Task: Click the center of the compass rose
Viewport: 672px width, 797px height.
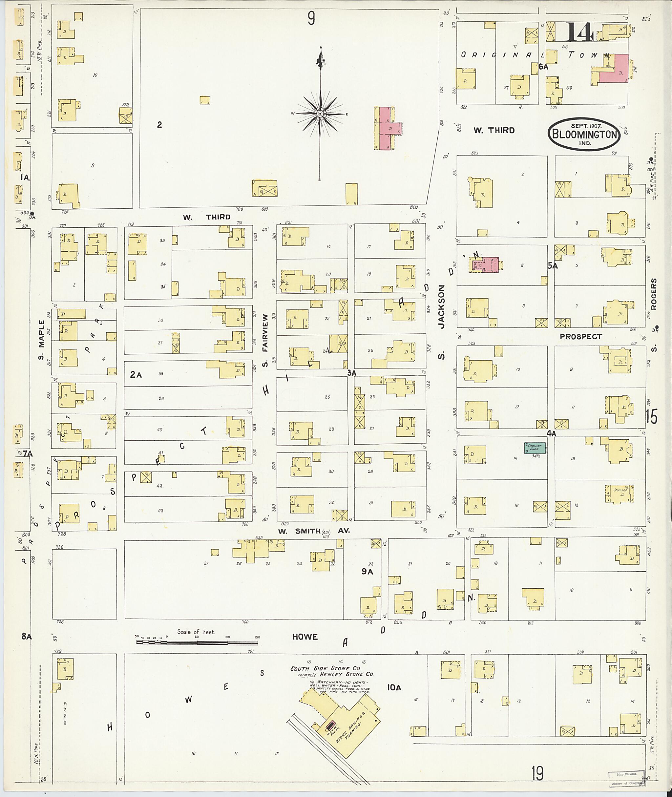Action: pyautogui.click(x=320, y=114)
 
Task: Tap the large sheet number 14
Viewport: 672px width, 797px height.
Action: pyautogui.click(x=578, y=33)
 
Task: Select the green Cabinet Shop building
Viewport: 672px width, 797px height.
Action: pyautogui.click(x=535, y=448)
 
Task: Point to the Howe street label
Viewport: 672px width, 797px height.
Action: pyautogui.click(x=305, y=637)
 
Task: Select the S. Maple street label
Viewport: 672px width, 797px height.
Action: pyautogui.click(x=41, y=339)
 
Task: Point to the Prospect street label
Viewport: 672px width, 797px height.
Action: pyautogui.click(x=581, y=337)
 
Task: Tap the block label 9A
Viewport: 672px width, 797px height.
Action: pyautogui.click(x=367, y=572)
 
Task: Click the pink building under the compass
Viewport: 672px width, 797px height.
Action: pyautogui.click(x=387, y=129)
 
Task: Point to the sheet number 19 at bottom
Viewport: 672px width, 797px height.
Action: pyautogui.click(x=537, y=773)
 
